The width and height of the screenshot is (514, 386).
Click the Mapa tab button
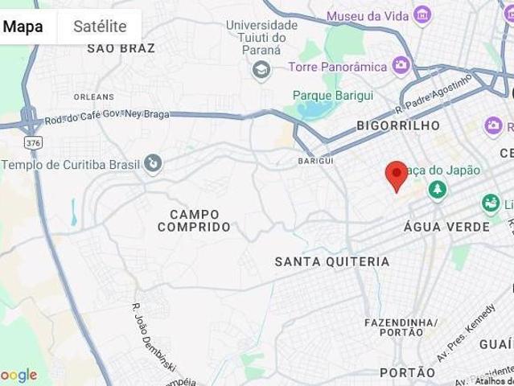point(23,26)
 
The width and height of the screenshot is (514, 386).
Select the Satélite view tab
point(100,26)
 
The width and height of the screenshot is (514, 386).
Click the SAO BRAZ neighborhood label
point(121,48)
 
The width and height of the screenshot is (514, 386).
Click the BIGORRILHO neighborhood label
point(398,125)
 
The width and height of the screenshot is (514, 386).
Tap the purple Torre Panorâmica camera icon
point(400,65)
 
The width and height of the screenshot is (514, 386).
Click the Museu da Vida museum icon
point(421,14)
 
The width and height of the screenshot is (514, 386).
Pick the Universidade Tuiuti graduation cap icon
point(261,71)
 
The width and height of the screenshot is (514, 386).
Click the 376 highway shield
point(33,142)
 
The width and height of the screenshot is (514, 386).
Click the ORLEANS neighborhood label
point(88,96)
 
